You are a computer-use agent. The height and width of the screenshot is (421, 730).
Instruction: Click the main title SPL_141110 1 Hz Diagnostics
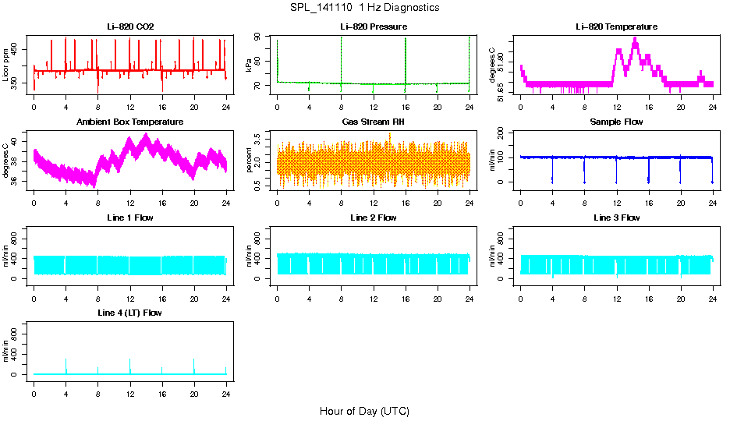tap(364, 8)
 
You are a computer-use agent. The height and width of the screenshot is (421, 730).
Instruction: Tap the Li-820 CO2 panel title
tap(130, 27)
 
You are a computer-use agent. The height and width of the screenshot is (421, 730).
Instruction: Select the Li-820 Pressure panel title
tap(374, 27)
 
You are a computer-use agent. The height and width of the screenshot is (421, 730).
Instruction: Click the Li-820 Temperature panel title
tap(616, 27)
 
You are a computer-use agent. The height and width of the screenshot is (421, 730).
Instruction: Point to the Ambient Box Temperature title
tap(130, 122)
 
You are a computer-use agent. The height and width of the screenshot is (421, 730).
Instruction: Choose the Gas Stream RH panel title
tap(374, 122)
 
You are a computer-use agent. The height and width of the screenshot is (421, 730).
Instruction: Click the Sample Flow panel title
tap(616, 122)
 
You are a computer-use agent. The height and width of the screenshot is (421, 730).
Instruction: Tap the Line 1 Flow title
tap(130, 218)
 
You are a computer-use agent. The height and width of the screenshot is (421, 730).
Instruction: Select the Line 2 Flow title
tap(374, 218)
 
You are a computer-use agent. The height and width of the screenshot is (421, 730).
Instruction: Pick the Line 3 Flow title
tap(616, 218)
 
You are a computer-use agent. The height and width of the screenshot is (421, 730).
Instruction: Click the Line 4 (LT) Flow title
tap(130, 313)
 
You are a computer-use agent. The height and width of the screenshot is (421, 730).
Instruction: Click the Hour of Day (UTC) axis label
tap(364, 411)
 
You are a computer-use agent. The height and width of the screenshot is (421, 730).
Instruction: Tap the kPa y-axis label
tap(250, 65)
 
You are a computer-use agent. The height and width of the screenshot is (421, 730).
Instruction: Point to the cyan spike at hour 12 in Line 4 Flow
tap(130, 365)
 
